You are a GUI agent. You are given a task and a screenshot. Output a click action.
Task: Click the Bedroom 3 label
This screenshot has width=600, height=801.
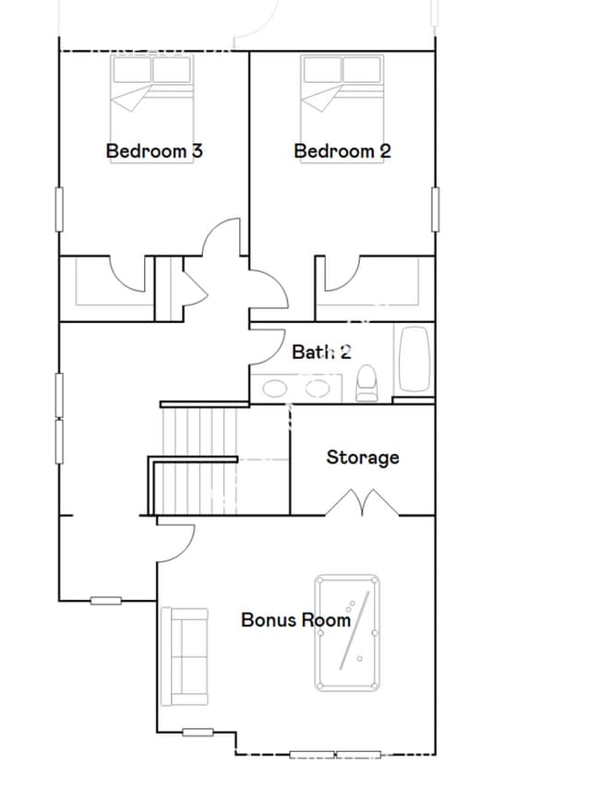pyautogui.click(x=154, y=150)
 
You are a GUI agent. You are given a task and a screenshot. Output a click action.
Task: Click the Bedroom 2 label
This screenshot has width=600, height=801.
pyautogui.click(x=342, y=150)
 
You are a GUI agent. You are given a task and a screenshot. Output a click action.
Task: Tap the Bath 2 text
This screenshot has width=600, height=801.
pyautogui.click(x=321, y=352)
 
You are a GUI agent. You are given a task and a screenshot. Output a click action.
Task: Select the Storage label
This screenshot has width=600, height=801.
pyautogui.click(x=363, y=457)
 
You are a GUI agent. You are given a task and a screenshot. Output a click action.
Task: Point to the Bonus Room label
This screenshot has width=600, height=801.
pyautogui.click(x=295, y=619)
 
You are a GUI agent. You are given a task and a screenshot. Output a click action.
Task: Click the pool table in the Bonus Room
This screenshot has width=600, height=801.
pyautogui.click(x=347, y=632)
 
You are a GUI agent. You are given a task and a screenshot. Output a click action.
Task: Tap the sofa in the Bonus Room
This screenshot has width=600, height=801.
pyautogui.click(x=184, y=656)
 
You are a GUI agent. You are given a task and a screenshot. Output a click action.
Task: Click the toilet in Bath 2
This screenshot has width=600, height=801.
pyautogui.click(x=367, y=383)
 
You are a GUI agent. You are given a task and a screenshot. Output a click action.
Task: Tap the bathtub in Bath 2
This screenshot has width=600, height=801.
pyautogui.click(x=414, y=360)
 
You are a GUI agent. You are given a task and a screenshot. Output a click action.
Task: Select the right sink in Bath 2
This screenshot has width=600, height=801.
pyautogui.click(x=318, y=389)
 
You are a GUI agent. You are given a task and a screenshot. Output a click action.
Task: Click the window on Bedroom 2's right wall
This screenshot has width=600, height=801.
pyautogui.click(x=435, y=209)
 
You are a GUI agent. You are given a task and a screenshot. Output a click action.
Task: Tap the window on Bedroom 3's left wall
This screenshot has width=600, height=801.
pyautogui.click(x=60, y=209)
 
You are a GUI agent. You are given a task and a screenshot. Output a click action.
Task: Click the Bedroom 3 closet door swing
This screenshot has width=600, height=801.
pyautogui.click(x=130, y=274)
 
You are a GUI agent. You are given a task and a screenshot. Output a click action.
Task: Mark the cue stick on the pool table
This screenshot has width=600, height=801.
pyautogui.click(x=355, y=630)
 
